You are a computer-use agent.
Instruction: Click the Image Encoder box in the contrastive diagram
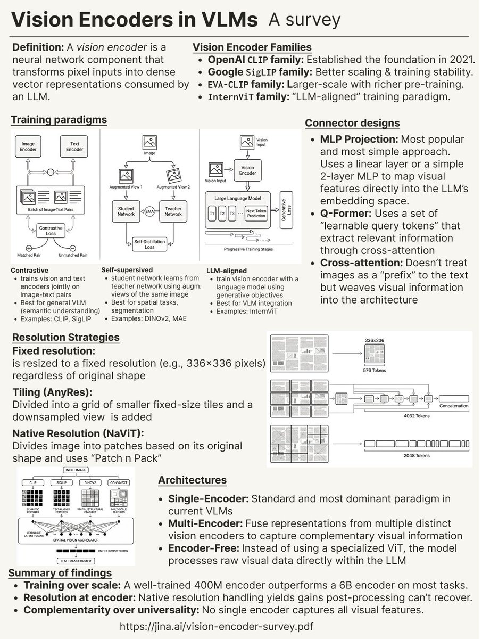(x=29, y=147)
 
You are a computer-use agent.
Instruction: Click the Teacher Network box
(x=173, y=211)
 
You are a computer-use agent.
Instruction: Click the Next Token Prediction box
(x=256, y=214)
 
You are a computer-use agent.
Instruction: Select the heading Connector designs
(x=352, y=124)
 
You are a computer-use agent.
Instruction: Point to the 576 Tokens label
(x=374, y=370)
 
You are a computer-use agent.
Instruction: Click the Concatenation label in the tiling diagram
(x=454, y=406)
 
